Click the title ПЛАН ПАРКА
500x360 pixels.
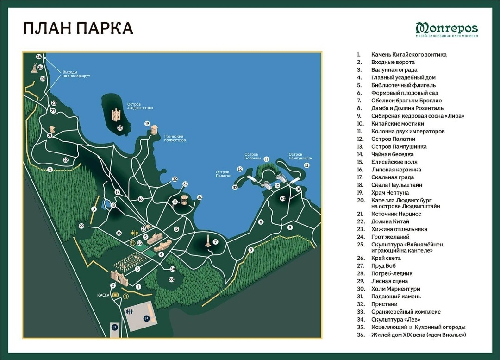click(78, 28)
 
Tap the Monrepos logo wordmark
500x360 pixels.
click(446, 27)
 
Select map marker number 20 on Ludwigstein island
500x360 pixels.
click(119, 128)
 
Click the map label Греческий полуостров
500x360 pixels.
click(175, 138)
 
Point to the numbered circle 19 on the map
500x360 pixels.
click(147, 124)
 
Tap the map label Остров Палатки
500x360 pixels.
click(223, 174)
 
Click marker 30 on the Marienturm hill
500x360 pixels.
click(282, 198)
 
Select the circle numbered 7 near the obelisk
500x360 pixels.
click(215, 241)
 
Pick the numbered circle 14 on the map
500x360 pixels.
click(175, 202)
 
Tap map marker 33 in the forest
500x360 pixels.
click(171, 279)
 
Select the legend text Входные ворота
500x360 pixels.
click(393, 62)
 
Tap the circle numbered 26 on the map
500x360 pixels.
click(39, 57)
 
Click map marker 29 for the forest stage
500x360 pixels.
click(81, 226)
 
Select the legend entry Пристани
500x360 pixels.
click(384, 304)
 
